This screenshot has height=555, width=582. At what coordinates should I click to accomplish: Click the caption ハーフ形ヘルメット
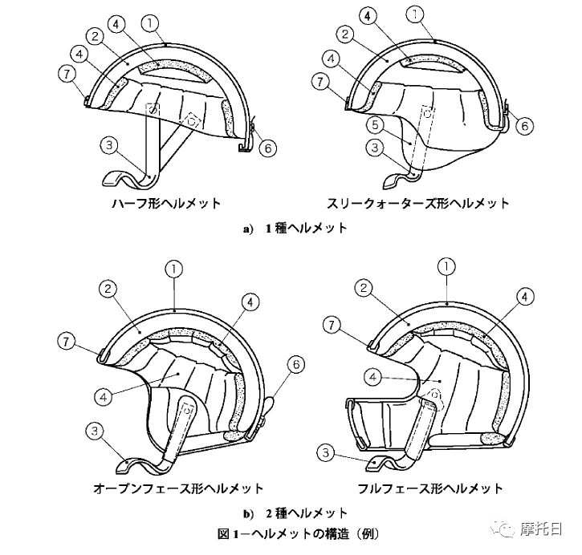click(x=166, y=204)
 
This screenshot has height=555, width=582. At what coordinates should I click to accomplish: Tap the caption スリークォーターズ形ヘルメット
click(x=417, y=204)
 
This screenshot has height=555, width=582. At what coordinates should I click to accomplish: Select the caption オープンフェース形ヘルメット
click(x=178, y=488)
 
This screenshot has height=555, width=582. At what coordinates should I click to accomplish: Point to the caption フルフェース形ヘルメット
click(x=430, y=488)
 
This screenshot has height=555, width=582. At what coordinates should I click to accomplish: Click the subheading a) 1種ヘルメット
click(x=295, y=229)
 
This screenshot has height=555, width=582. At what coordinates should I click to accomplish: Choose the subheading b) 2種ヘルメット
click(x=295, y=513)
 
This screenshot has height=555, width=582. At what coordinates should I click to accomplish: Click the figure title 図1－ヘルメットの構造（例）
click(x=299, y=534)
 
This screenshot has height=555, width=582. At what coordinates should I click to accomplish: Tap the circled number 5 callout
click(x=375, y=124)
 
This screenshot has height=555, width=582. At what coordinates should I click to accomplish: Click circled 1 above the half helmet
click(x=150, y=23)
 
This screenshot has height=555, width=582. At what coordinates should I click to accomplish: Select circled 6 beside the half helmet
click(x=267, y=148)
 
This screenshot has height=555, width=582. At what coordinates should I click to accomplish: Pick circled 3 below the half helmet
click(x=109, y=145)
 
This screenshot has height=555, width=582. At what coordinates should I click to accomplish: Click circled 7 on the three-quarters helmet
click(x=320, y=82)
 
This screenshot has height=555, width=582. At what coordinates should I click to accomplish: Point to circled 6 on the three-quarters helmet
click(x=524, y=126)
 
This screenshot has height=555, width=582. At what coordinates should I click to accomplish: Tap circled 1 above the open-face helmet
click(x=174, y=270)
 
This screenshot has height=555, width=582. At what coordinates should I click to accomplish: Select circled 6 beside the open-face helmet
click(x=296, y=364)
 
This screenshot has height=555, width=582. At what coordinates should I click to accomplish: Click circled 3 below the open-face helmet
click(x=96, y=431)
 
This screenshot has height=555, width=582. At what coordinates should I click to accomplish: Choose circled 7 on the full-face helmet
click(x=331, y=326)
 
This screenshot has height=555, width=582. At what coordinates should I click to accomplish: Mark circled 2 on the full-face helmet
click(x=364, y=288)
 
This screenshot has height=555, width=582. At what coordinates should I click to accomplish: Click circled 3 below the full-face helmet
click(x=326, y=452)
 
